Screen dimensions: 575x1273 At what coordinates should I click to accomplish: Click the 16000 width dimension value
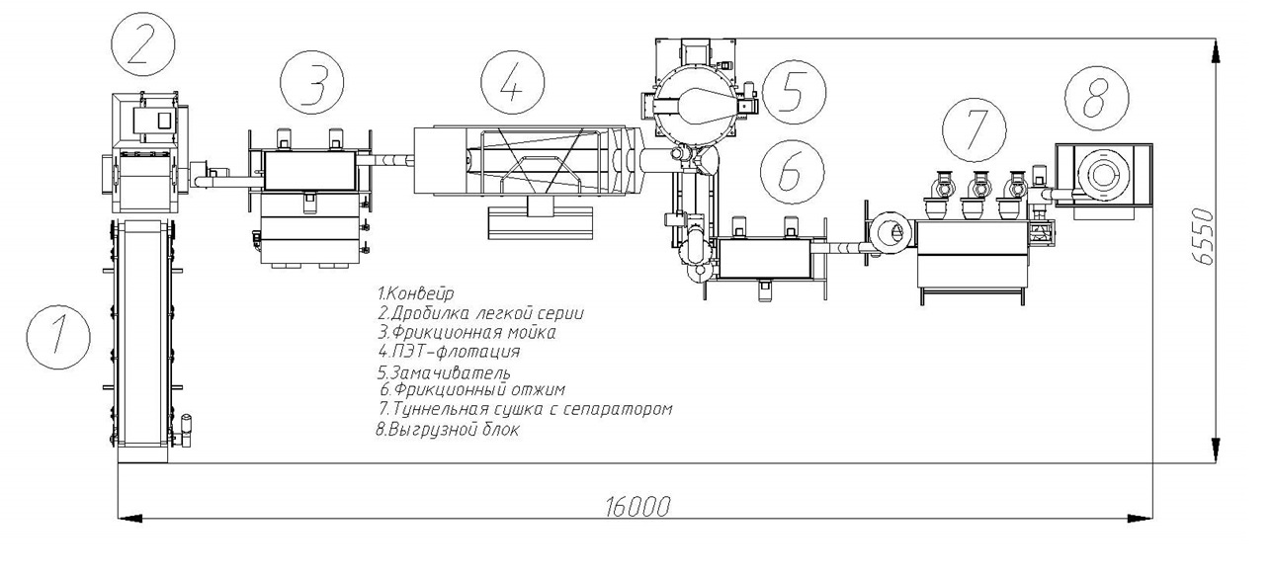click(x=636, y=506)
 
